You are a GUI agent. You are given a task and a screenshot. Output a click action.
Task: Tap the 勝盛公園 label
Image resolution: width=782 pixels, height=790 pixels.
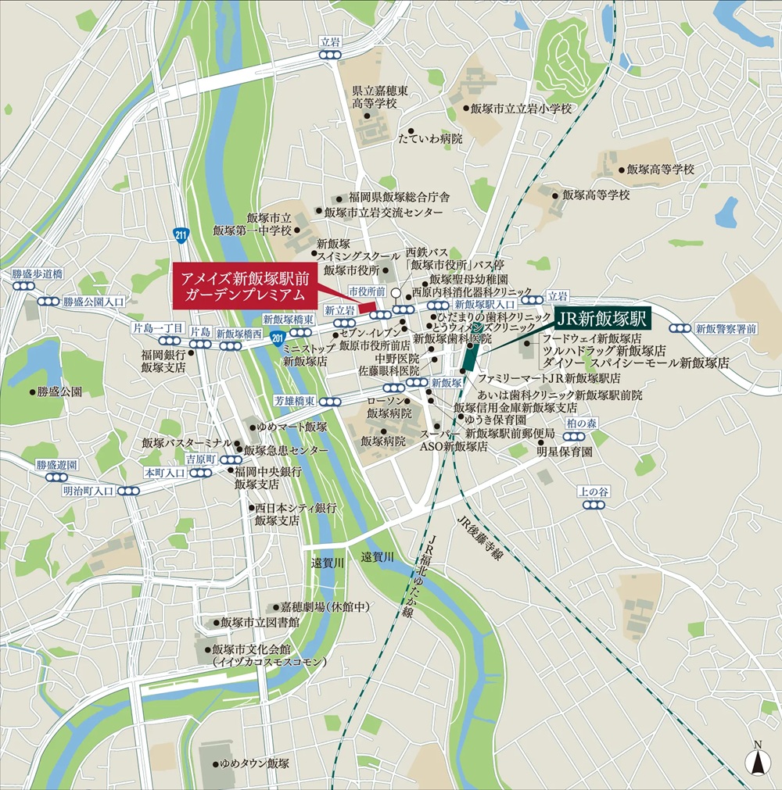pos(59,391)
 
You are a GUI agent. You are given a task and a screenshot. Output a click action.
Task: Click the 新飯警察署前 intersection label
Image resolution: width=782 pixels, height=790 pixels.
pos(726,328)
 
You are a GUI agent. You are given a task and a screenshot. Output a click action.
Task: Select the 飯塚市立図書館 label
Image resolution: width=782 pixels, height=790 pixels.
pos(260,623)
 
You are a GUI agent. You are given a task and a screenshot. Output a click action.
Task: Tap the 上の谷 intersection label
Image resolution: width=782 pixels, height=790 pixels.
pos(593,491)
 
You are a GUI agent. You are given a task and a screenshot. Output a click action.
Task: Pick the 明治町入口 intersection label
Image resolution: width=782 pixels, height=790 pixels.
pos(88,491)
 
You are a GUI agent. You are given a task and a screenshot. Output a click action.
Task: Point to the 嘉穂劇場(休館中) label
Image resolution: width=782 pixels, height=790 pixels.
pos(325,606)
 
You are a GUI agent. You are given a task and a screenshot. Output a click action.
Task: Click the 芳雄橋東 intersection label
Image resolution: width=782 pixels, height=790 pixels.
pos(295,401)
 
